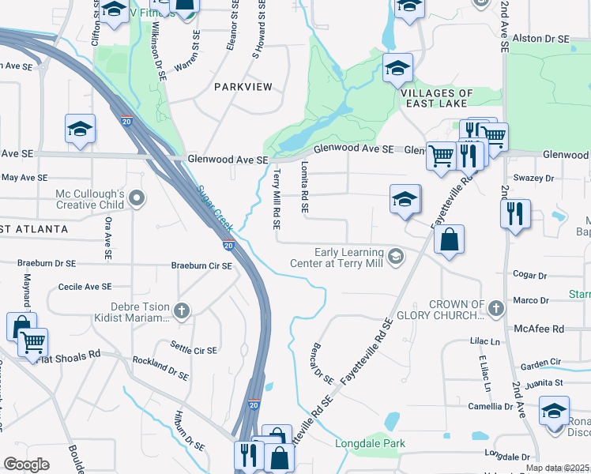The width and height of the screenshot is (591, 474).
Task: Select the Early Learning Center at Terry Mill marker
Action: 396,254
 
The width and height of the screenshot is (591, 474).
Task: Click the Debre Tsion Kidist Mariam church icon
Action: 183,310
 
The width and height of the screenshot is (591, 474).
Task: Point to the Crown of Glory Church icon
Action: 495,307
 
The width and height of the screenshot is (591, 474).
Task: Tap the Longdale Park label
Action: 371,443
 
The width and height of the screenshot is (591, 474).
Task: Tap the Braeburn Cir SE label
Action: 203,266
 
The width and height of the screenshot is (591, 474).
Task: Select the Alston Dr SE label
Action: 540,38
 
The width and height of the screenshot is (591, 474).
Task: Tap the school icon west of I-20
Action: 80,129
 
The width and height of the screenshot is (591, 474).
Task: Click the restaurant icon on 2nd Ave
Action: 515,213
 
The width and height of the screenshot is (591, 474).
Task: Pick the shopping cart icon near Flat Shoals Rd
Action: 32,342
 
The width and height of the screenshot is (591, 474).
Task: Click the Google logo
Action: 26,464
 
